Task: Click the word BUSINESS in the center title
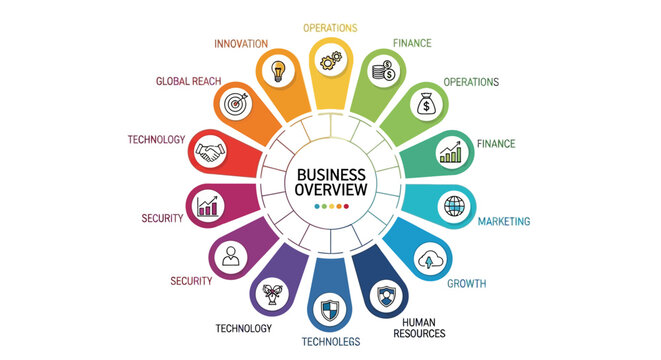click(331, 173)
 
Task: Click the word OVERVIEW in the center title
click(331, 190)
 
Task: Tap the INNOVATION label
click(241, 44)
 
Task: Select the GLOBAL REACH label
click(188, 80)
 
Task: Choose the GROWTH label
click(466, 284)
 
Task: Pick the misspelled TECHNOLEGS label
click(330, 342)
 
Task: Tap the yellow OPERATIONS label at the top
click(331, 27)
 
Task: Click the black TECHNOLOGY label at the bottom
click(243, 328)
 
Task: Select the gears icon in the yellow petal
click(331, 61)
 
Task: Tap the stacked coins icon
click(381, 70)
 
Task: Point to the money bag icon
click(424, 103)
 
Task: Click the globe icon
click(454, 205)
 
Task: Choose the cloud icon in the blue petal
click(429, 260)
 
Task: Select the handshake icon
click(209, 153)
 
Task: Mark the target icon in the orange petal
click(236, 103)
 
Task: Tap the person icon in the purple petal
click(233, 256)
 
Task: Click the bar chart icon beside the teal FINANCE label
click(451, 152)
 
